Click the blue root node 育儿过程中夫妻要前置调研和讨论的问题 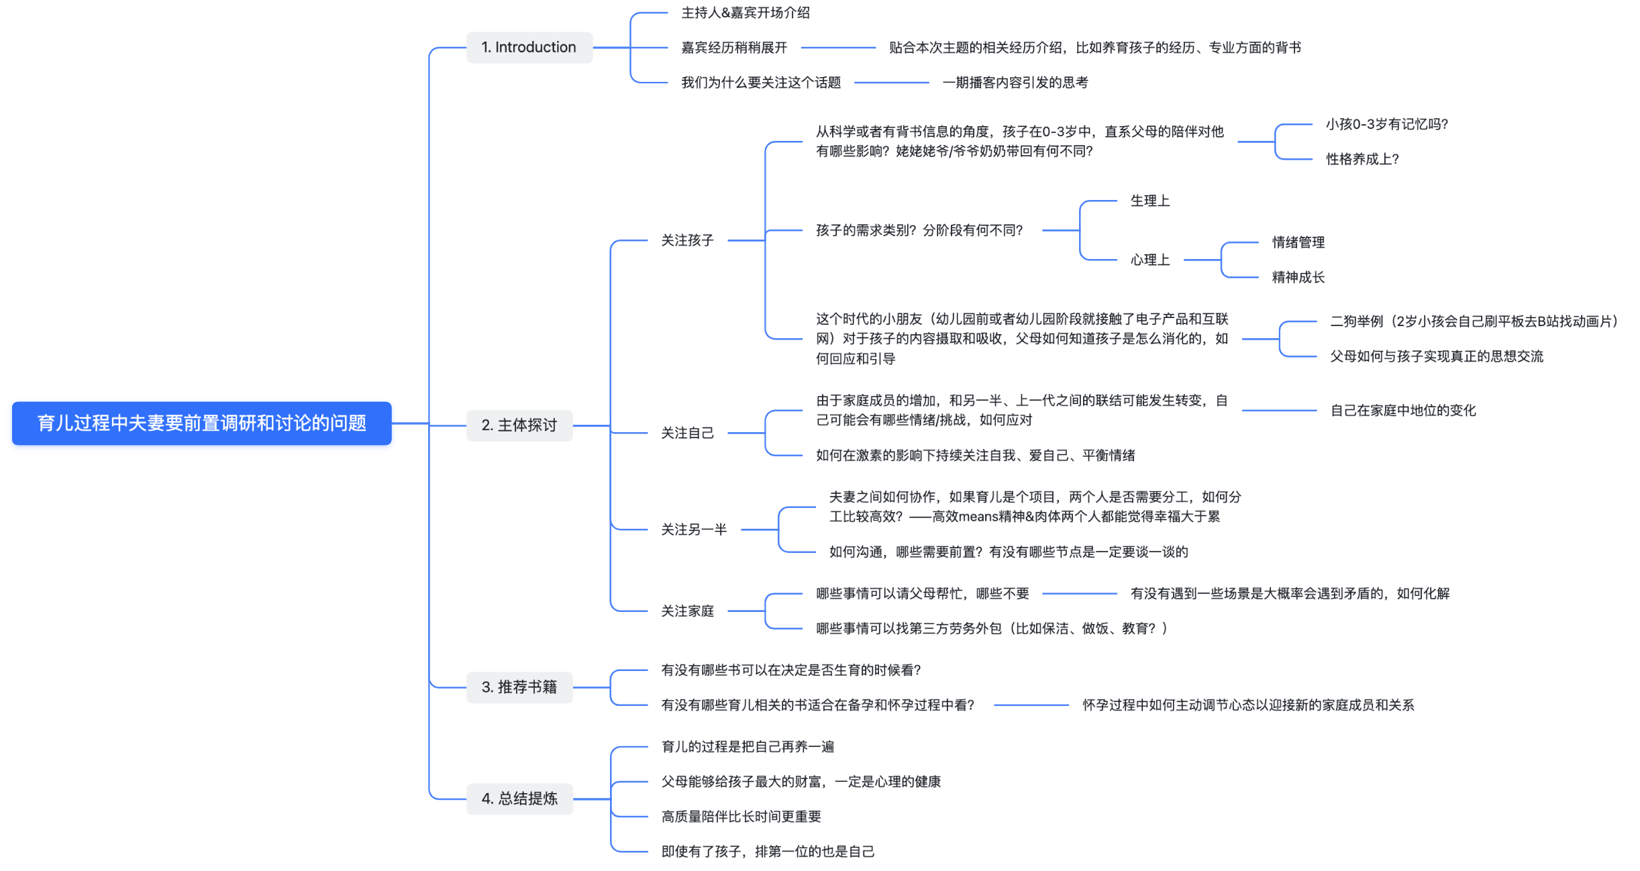click(x=201, y=423)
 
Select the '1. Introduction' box click(x=529, y=48)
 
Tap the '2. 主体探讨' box click(x=519, y=425)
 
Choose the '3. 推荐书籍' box click(x=519, y=687)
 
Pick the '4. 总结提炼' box click(x=519, y=799)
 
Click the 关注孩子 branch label click(x=687, y=240)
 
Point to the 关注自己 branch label click(x=687, y=433)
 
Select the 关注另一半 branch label click(x=694, y=530)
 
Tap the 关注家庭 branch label click(x=687, y=611)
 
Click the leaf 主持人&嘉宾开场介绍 click(x=745, y=13)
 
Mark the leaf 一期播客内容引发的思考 click(x=1015, y=83)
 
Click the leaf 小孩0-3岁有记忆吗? click(x=1386, y=124)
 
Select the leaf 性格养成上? click(x=1362, y=159)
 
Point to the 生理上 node click(x=1149, y=201)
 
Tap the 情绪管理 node click(x=1298, y=242)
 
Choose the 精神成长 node click(x=1298, y=277)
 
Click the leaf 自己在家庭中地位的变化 click(x=1402, y=411)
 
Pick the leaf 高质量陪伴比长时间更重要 click(x=741, y=817)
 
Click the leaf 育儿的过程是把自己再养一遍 click(x=748, y=747)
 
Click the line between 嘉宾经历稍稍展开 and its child click(x=838, y=48)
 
